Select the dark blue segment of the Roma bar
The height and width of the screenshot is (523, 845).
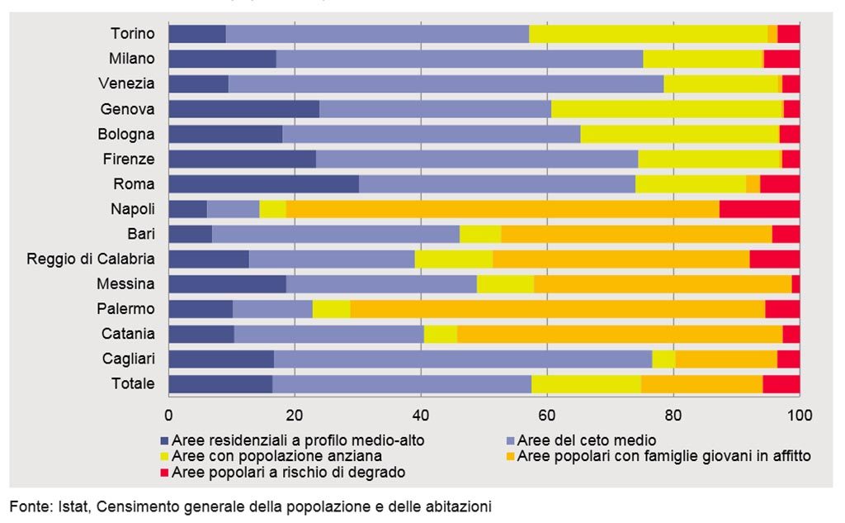[263, 184]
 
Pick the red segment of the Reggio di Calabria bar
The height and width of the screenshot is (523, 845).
[774, 259]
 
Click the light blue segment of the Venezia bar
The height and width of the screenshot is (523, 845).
[446, 84]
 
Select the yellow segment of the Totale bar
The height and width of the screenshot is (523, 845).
[586, 384]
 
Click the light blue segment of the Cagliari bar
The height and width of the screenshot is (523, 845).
[463, 359]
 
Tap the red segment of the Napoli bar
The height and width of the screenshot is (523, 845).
[759, 209]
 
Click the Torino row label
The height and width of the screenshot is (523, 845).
[132, 34]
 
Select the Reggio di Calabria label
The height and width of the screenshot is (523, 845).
[91, 259]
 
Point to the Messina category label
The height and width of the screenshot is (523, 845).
[125, 284]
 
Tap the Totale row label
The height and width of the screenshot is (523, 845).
[132, 384]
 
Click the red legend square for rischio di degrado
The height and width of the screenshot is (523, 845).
[165, 473]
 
